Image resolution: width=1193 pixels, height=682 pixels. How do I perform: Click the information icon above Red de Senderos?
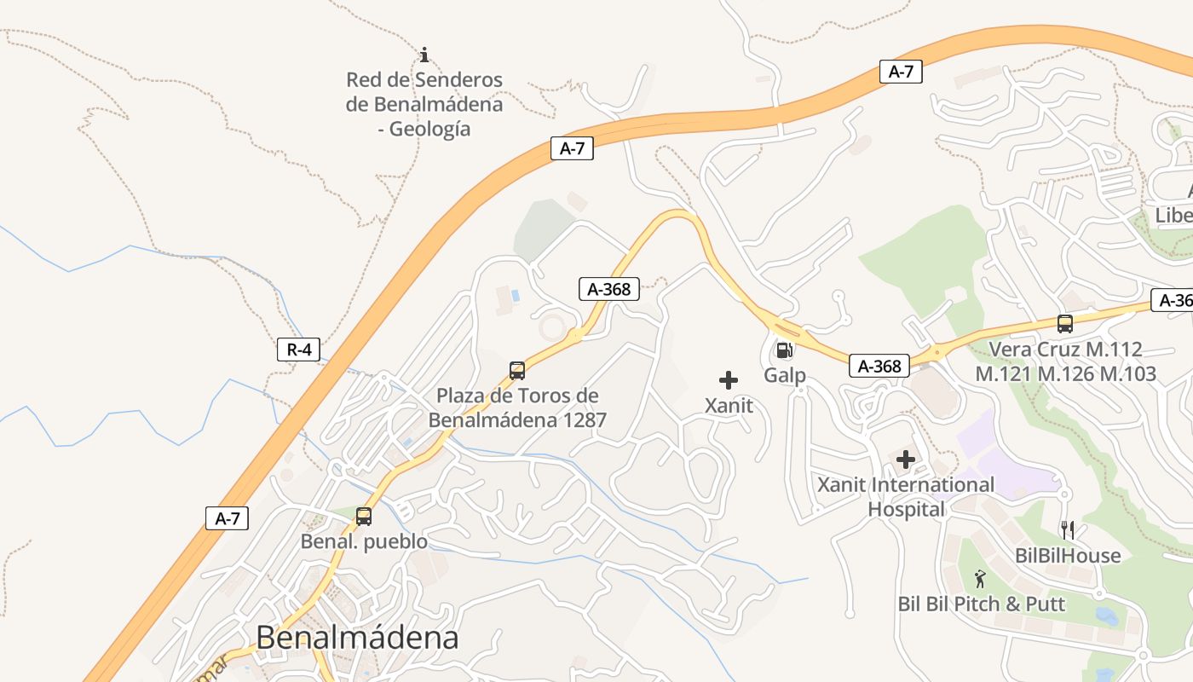(x=424, y=55)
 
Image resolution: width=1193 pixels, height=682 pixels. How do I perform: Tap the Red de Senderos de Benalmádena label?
(x=424, y=104)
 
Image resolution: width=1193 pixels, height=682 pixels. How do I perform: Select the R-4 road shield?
(x=298, y=349)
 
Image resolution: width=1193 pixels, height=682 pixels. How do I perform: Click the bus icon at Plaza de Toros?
(x=517, y=371)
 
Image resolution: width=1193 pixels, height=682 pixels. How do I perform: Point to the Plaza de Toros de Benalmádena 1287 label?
(x=517, y=407)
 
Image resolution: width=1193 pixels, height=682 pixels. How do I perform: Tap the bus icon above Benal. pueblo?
(x=364, y=516)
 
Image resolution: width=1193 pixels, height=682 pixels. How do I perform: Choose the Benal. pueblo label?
(x=364, y=541)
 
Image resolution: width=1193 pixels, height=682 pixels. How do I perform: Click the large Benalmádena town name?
(x=357, y=637)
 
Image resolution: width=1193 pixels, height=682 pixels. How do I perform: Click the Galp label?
(x=784, y=375)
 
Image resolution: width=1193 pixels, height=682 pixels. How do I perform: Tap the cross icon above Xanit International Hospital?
(x=906, y=460)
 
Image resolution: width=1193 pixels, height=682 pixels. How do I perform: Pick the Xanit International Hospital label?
(x=906, y=497)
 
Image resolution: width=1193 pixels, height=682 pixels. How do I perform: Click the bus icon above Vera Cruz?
(x=1065, y=324)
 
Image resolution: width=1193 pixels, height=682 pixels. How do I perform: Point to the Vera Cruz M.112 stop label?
(x=1065, y=361)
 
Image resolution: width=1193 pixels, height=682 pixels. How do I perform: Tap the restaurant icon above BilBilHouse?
(x=1065, y=530)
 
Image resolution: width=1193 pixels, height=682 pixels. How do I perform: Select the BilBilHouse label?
(x=1068, y=556)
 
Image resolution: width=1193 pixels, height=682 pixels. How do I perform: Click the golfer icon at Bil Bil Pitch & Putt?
(x=981, y=580)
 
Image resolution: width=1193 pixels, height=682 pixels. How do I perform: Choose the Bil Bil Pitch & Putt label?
(x=982, y=604)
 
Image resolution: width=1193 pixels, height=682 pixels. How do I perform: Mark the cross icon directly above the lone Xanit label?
(x=729, y=380)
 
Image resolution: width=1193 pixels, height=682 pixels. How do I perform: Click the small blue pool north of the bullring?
(x=515, y=295)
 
